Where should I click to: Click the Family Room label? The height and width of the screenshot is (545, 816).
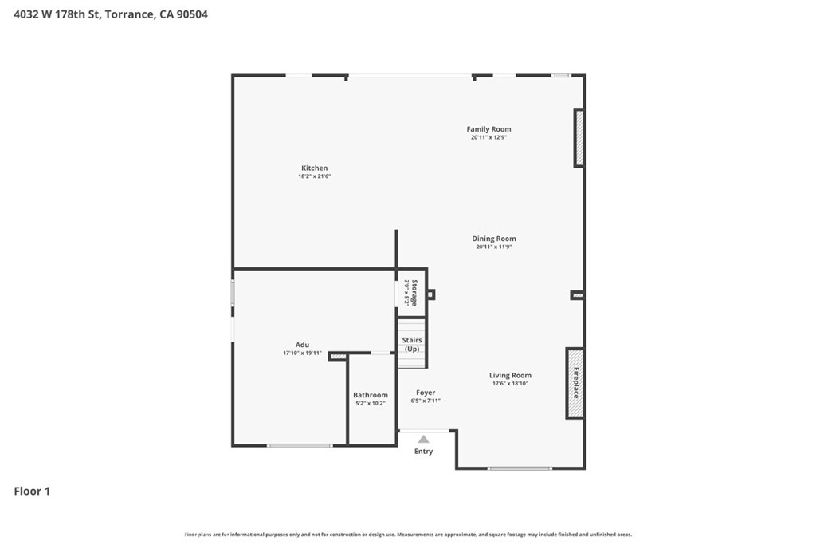(x=488, y=129)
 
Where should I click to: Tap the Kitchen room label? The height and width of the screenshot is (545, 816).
(x=314, y=168)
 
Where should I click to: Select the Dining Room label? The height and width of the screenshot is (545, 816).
(x=493, y=239)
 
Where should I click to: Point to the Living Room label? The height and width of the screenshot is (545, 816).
(x=510, y=375)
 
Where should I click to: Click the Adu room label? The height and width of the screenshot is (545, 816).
(x=302, y=345)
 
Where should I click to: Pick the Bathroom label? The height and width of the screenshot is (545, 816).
(x=371, y=395)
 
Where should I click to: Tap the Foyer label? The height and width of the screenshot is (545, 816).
(x=426, y=393)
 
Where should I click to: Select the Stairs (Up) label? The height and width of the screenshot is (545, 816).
(x=412, y=345)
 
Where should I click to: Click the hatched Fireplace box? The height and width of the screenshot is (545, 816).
(x=575, y=383)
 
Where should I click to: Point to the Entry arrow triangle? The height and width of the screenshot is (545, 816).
(x=423, y=439)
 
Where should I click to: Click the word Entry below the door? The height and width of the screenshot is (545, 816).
(x=423, y=452)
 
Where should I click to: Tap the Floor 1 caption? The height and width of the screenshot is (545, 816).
(x=32, y=492)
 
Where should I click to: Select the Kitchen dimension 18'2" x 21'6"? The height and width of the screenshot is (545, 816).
(x=314, y=176)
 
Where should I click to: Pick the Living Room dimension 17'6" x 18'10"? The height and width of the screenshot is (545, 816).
(x=510, y=384)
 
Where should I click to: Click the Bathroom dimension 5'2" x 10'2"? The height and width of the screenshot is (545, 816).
(x=371, y=404)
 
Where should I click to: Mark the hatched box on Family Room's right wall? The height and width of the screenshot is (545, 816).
(x=579, y=138)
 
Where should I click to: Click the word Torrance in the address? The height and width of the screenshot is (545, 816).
(x=128, y=14)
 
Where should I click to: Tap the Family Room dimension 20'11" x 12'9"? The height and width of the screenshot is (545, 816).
(x=488, y=137)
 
